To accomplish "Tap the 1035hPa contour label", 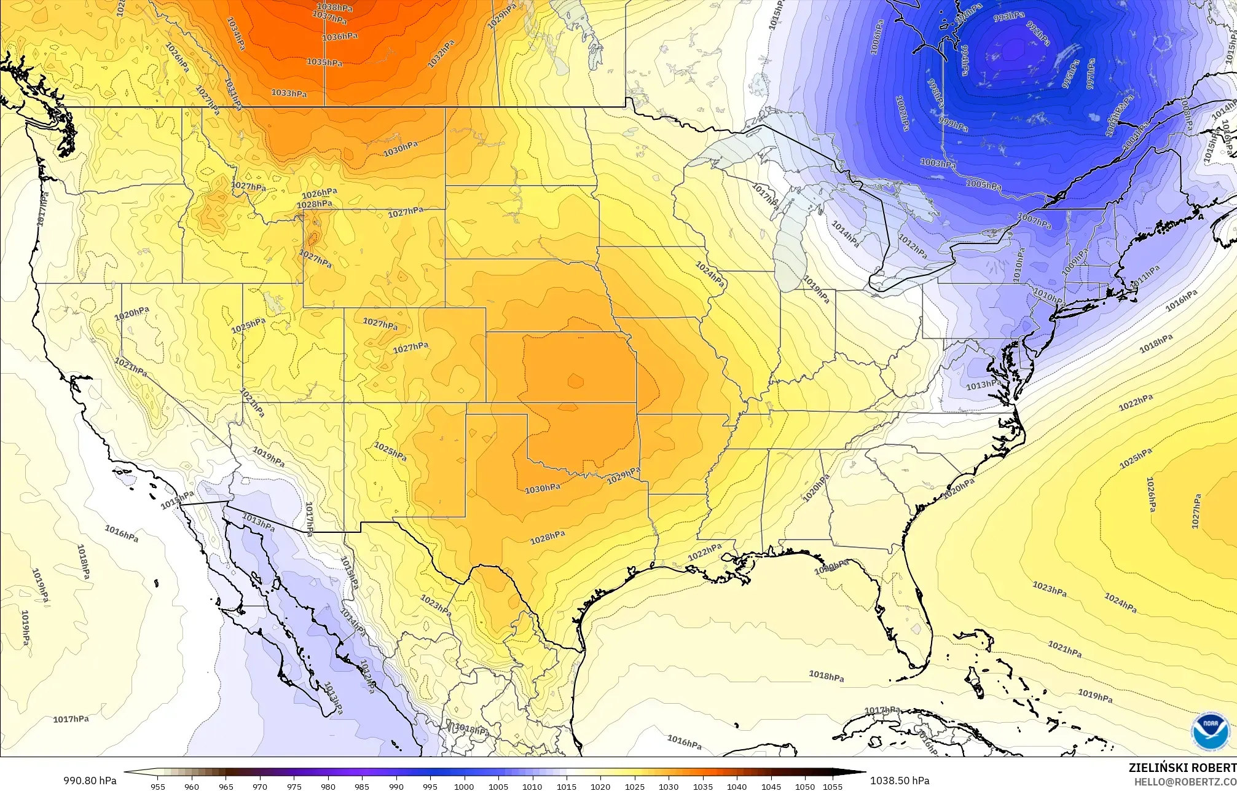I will click(324, 62).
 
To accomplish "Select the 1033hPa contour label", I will click(289, 93).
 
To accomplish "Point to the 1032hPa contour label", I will click(441, 53).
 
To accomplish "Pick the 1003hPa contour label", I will click(938, 163).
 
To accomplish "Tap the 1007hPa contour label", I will click(1034, 221).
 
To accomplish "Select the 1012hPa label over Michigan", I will click(912, 246).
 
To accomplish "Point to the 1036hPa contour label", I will click(340, 37).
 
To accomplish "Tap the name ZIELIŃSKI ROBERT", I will click(1182, 768).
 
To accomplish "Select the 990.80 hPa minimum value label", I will click(88, 781).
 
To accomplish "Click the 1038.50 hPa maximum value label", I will click(900, 781).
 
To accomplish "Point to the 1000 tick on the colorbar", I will click(464, 786).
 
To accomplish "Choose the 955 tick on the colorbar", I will click(158, 786).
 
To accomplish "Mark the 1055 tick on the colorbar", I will click(832, 786).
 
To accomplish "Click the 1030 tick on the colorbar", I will click(669, 786).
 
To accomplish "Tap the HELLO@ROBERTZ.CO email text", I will click(1185, 782).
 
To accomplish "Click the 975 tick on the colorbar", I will click(294, 786).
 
